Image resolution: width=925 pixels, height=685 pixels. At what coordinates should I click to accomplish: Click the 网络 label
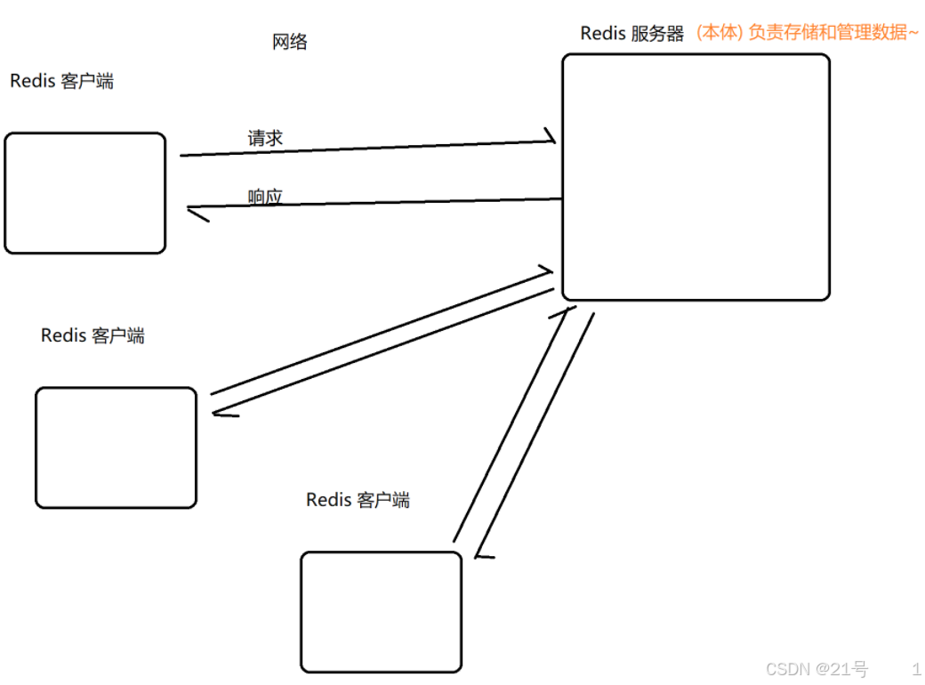289,42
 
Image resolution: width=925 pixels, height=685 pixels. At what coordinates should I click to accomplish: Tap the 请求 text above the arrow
265,138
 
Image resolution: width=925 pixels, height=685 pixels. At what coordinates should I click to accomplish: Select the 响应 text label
265,197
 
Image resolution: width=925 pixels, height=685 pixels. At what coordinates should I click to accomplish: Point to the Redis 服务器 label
631,34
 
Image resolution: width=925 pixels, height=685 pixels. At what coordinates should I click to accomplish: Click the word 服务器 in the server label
659,34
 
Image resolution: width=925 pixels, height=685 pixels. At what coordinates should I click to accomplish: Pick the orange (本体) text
719,34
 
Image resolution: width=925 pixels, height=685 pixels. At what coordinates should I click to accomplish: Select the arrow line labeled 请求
365,148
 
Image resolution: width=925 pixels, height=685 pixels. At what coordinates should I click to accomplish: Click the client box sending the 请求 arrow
85,193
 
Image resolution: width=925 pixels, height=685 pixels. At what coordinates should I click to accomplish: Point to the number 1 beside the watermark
916,669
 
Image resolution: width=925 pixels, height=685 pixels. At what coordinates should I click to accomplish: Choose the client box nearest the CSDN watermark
381,611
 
